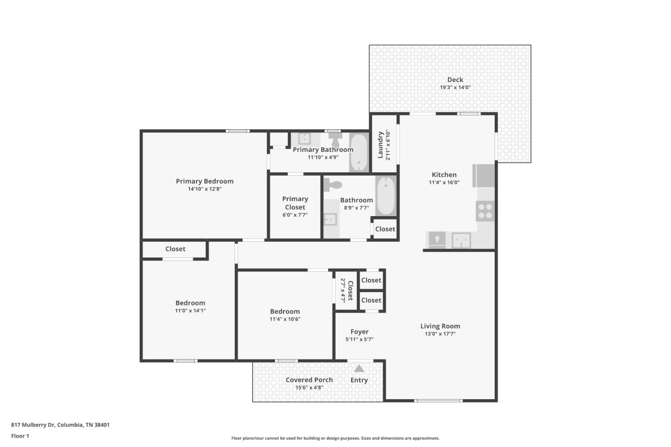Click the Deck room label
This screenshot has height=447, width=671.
(455, 80)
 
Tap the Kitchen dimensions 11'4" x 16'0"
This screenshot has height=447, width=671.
(444, 183)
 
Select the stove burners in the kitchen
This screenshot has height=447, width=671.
(485, 211)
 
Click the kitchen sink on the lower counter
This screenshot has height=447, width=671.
(461, 240)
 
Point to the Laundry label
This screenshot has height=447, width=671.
(380, 145)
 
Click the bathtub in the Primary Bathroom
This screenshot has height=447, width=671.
(359, 153)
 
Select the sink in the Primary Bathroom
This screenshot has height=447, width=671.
(305, 138)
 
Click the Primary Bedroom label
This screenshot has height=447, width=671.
(204, 181)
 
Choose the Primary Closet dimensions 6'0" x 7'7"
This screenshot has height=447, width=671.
(295, 215)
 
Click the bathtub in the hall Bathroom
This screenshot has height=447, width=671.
(386, 196)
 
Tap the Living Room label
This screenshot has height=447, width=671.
(440, 326)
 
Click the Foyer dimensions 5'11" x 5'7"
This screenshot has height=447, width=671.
(360, 340)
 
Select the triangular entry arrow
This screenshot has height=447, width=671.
(359, 369)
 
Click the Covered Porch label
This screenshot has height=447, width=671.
(309, 380)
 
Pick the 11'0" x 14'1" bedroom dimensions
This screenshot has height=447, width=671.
(190, 311)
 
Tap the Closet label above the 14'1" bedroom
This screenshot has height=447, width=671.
(175, 249)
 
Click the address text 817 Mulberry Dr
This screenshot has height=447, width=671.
(33, 425)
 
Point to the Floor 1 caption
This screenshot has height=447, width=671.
(20, 436)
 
